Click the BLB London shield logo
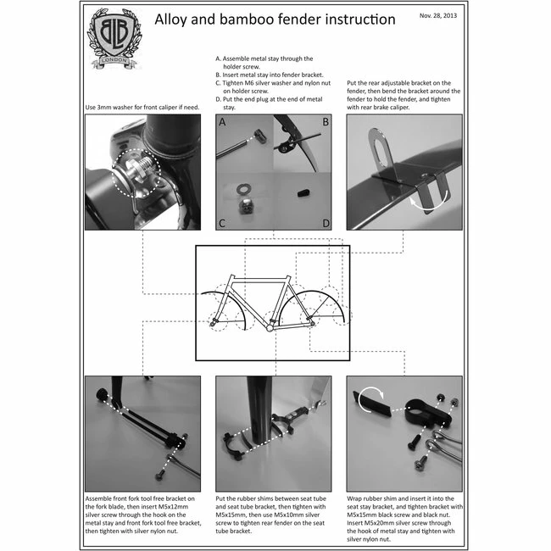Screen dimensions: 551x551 click(x=114, y=37)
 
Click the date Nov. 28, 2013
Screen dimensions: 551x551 click(x=438, y=15)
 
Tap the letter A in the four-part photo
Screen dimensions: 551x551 click(x=222, y=122)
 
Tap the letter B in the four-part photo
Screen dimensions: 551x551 click(x=326, y=122)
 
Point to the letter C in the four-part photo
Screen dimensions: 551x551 click(x=222, y=223)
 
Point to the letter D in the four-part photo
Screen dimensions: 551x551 click(x=326, y=223)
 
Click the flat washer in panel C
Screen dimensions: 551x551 click(x=242, y=190)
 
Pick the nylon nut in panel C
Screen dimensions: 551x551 click(x=244, y=206)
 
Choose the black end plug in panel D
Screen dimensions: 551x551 click(x=303, y=193)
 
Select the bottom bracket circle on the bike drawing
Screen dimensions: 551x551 click(x=270, y=328)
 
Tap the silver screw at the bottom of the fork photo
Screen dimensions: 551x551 click(x=160, y=476)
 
